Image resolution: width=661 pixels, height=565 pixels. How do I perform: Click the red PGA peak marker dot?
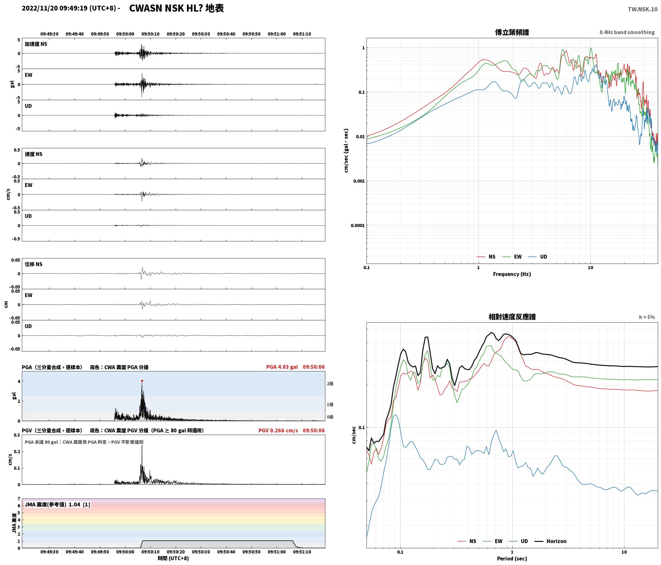(x=142, y=381)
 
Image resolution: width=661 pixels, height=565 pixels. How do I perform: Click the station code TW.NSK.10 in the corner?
(x=643, y=9)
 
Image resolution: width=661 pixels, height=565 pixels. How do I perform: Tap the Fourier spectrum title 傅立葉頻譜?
(x=512, y=32)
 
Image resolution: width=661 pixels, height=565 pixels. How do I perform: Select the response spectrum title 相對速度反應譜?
(x=512, y=317)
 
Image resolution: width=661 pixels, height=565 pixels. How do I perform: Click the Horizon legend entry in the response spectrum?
(x=550, y=541)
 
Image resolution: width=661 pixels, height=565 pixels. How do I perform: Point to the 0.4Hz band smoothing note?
(x=627, y=32)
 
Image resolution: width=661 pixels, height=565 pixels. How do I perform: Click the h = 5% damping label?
(x=647, y=317)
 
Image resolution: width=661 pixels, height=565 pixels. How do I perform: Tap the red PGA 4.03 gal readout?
(x=282, y=367)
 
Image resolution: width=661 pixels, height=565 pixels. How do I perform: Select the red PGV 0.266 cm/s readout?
(x=278, y=430)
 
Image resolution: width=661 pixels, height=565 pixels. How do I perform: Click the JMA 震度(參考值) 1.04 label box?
(x=57, y=505)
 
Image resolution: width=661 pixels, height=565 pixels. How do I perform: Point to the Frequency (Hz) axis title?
(x=512, y=274)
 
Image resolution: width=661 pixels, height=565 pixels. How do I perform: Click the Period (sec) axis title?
(x=512, y=559)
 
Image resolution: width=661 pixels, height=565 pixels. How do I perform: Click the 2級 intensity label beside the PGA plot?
(x=330, y=384)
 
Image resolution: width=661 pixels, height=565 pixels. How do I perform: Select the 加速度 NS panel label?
(x=36, y=44)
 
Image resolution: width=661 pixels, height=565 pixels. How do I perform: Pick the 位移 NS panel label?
(x=34, y=264)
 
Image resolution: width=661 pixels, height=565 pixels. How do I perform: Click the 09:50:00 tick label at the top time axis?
(x=125, y=34)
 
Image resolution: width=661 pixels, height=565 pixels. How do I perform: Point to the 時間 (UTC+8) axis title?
(x=173, y=558)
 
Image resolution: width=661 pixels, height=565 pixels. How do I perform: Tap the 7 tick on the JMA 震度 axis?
(x=19, y=499)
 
